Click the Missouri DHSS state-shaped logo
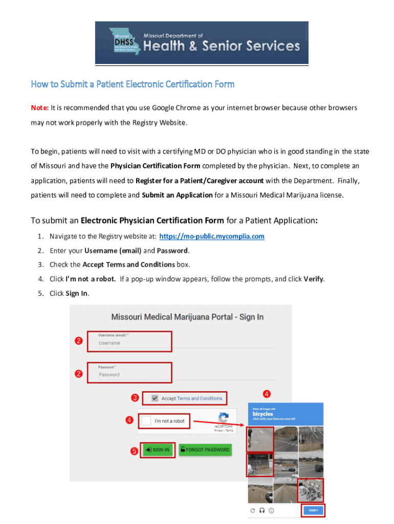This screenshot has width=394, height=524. [x=124, y=42]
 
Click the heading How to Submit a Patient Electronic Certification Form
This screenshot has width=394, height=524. [x=133, y=84]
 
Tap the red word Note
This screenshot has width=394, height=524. [x=39, y=108]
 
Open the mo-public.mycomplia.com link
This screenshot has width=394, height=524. [x=212, y=236]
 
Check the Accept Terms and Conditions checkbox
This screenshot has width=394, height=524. [x=155, y=398]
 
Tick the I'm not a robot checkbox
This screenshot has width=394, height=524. [x=146, y=421]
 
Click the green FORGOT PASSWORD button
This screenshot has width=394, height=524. [x=205, y=450]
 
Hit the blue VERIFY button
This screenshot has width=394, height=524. [x=313, y=510]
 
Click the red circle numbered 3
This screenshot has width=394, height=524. [x=135, y=398]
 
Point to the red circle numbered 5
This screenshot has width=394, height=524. [x=134, y=451]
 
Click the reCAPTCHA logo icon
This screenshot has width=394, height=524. [x=224, y=417]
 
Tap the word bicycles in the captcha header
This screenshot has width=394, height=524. [x=263, y=414]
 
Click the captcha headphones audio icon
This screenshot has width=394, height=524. [x=262, y=510]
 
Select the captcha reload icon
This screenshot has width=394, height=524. [x=253, y=510]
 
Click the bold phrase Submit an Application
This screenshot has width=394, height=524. [x=177, y=195]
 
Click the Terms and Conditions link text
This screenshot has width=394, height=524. [x=200, y=398]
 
